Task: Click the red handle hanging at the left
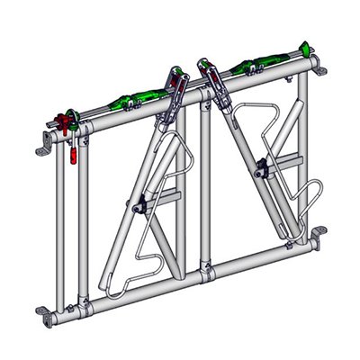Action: [69, 154]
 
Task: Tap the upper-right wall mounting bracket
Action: [320, 69]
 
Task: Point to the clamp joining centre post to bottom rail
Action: [207, 269]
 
